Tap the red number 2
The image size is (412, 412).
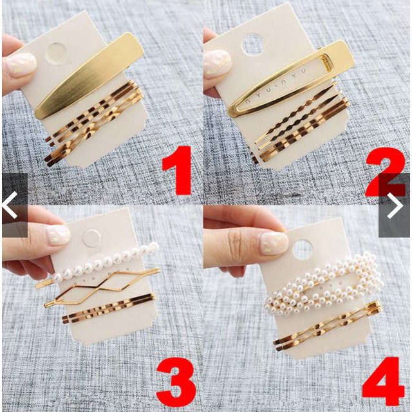pos(385,172)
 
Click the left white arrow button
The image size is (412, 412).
pos(10,205)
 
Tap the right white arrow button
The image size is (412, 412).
pos(395,205)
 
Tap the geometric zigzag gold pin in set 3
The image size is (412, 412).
pos(102,288)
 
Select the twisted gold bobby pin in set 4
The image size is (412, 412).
pos(327,326)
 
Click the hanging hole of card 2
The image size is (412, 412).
pos(252,44)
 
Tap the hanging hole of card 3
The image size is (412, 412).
pos(91,238)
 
